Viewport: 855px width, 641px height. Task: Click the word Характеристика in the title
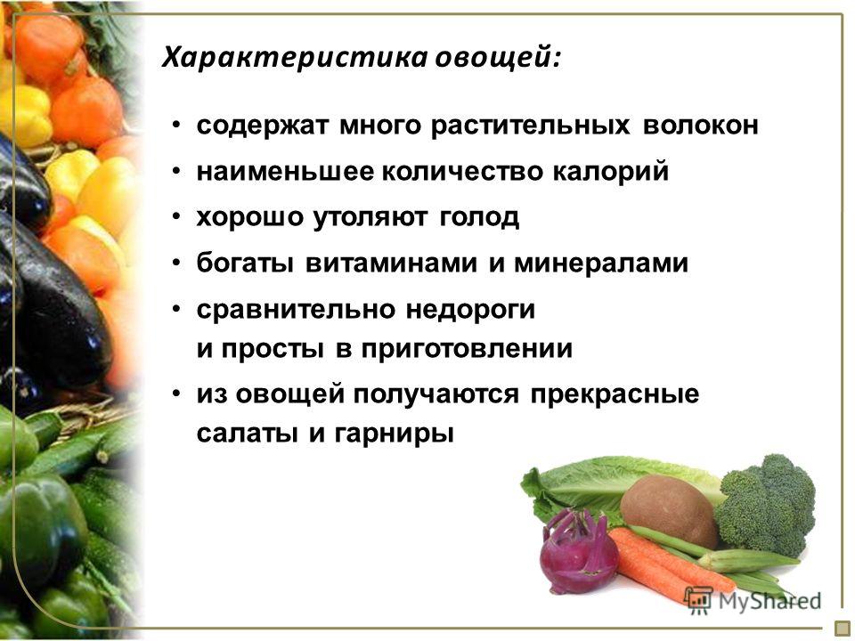coord(295,58)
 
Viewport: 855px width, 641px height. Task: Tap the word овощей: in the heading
coord(497,58)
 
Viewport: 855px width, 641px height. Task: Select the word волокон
coord(701,126)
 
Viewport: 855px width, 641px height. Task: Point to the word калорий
coord(611,172)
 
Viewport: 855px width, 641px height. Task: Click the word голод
coord(479,218)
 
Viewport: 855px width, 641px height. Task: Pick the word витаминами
coord(391,264)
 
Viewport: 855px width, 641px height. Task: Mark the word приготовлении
coord(467,349)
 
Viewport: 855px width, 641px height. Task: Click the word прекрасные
coord(615,394)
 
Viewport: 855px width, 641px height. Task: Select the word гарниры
coord(394,434)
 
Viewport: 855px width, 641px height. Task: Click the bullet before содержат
coord(175,126)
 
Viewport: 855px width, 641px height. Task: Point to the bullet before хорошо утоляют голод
coord(175,217)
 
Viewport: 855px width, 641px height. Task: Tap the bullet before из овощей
coord(175,394)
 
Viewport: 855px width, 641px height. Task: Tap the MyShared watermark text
coord(769,601)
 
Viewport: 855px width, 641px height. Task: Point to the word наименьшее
coord(286,172)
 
